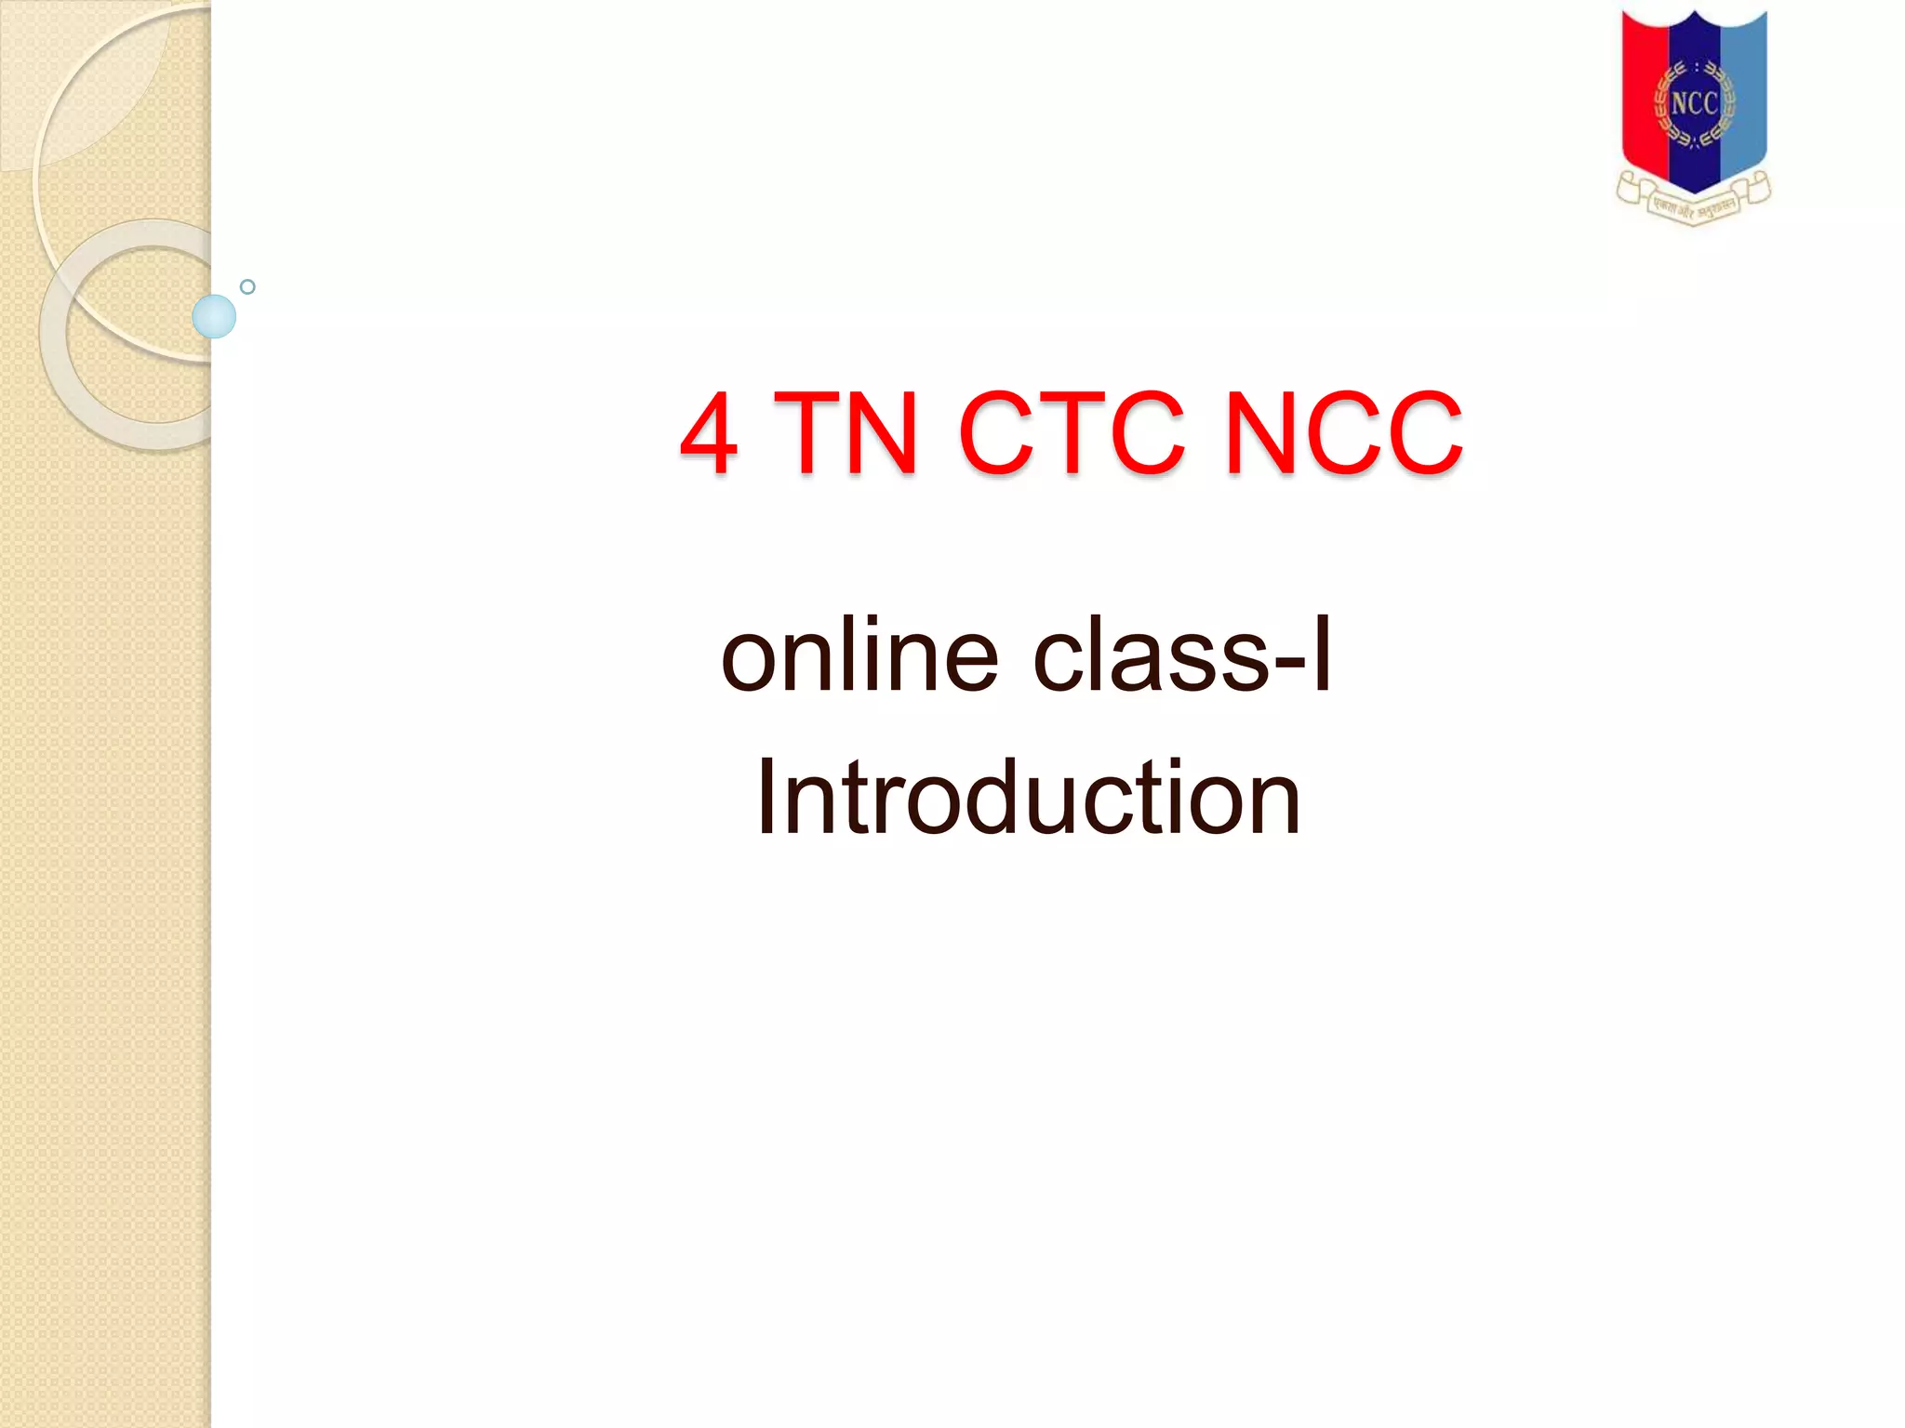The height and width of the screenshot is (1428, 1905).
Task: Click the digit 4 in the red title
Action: pos(710,433)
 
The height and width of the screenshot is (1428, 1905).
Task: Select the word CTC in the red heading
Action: pos(1071,433)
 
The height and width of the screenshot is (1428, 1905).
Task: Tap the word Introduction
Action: pos(1028,798)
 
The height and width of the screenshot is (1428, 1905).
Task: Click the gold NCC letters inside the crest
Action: pos(1694,103)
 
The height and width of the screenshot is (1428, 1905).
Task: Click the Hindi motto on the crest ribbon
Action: pos(1694,207)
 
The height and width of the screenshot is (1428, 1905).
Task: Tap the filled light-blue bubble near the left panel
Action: pos(214,316)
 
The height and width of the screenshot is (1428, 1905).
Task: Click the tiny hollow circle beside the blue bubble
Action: pos(247,287)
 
